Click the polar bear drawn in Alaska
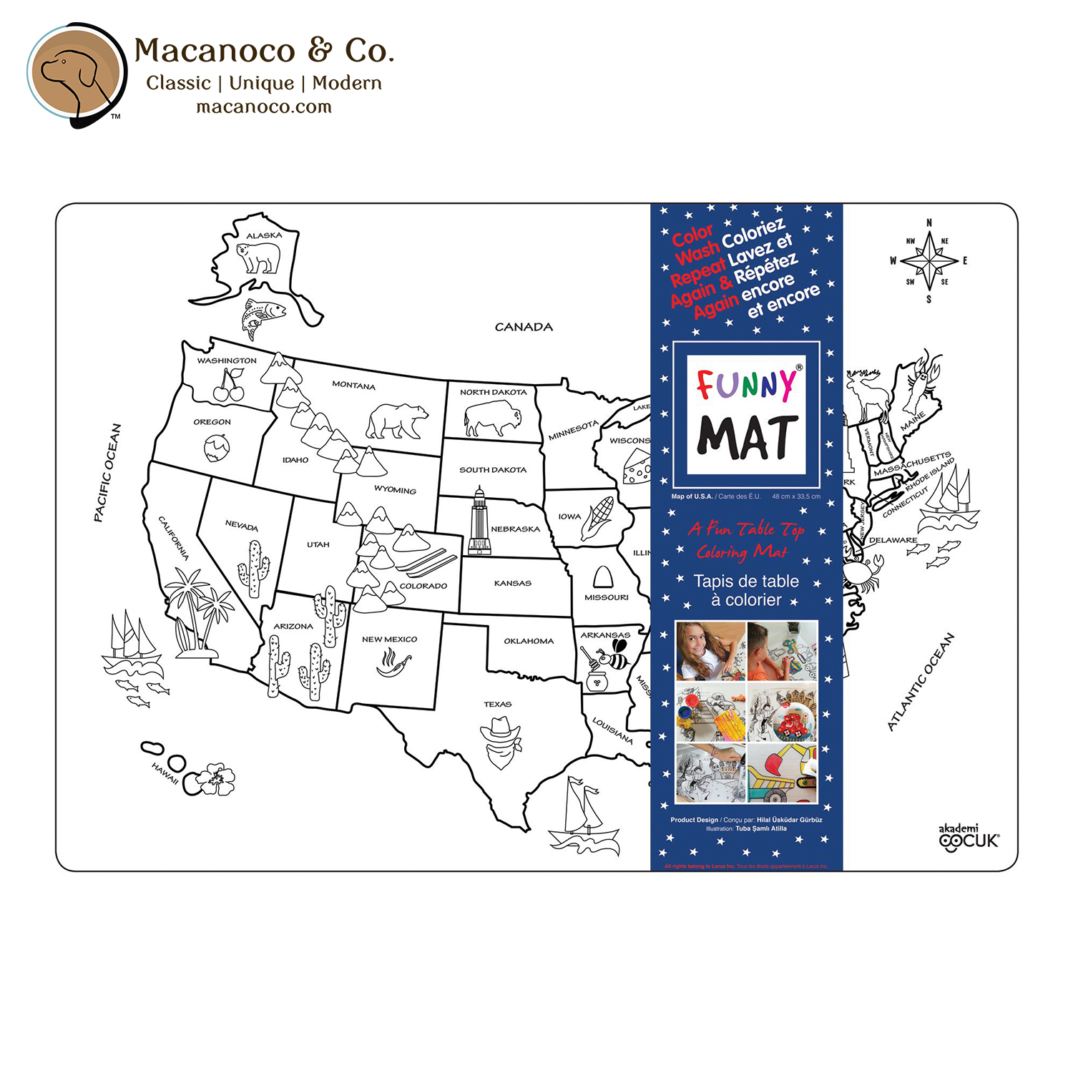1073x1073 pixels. point(259,257)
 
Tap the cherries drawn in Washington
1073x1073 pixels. point(229,386)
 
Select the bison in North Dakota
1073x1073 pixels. point(492,418)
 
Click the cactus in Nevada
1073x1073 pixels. point(254,569)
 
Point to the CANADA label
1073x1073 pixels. point(524,327)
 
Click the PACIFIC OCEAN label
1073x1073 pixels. point(107,473)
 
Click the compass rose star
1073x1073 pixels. point(929,262)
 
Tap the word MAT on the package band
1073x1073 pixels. point(747,437)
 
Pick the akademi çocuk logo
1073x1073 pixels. point(969,838)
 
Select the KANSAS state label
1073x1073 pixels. point(513,583)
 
